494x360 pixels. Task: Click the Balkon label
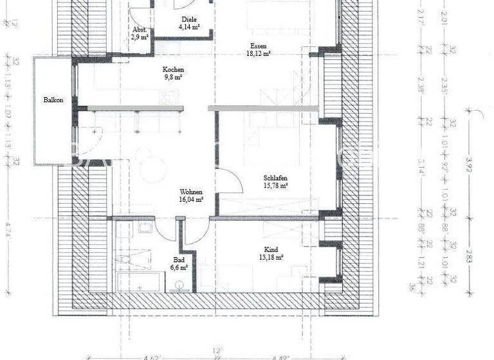pyautogui.click(x=53, y=100)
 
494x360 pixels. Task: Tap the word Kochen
pyautogui.click(x=173, y=69)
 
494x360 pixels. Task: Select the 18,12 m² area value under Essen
pyautogui.click(x=259, y=54)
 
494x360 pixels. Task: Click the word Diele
pyautogui.click(x=188, y=20)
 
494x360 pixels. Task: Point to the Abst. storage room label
pyautogui.click(x=138, y=30)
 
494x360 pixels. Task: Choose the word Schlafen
pyautogui.click(x=275, y=178)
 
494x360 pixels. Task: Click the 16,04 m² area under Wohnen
pyautogui.click(x=192, y=200)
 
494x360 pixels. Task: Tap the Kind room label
pyautogui.click(x=271, y=249)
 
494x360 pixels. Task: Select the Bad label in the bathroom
pyautogui.click(x=178, y=259)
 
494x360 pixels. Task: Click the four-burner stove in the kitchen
pyautogui.click(x=169, y=96)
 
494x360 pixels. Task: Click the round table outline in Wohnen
pyautogui.click(x=145, y=155)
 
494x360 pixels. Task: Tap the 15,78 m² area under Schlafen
pyautogui.click(x=275, y=186)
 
